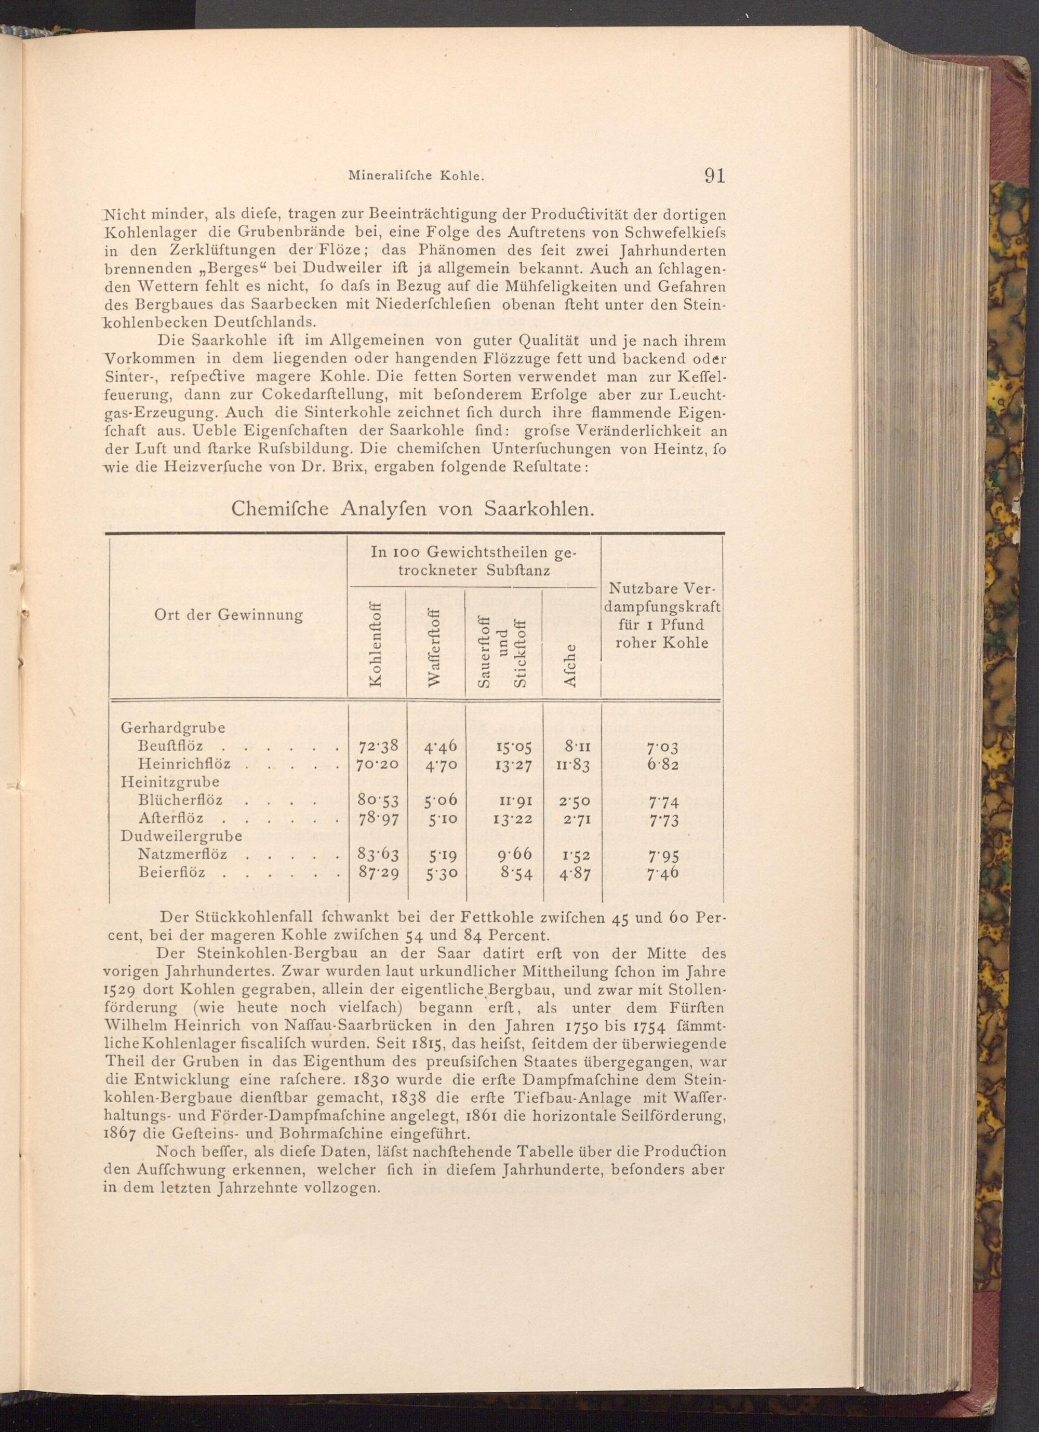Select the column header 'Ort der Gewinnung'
(x=229, y=615)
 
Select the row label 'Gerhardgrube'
(x=173, y=727)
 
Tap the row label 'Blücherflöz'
(x=180, y=800)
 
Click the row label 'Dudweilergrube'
(x=181, y=836)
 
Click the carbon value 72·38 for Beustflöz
(x=378, y=746)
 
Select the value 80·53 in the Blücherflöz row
(x=378, y=801)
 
